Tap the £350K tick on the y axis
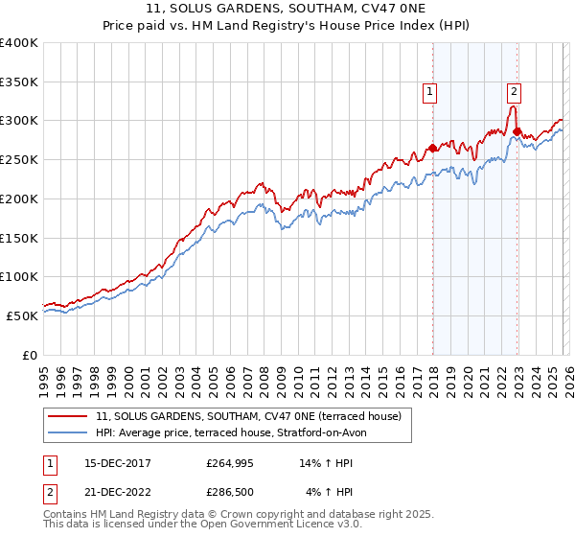[x=19, y=82]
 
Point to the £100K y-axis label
[x=19, y=276]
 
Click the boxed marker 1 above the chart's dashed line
[x=428, y=92]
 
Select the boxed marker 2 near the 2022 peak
[x=514, y=92]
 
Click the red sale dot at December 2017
[x=432, y=148]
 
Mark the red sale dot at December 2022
[x=517, y=131]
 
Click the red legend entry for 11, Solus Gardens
[x=254, y=416]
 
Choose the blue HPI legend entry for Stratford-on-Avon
[x=231, y=432]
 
